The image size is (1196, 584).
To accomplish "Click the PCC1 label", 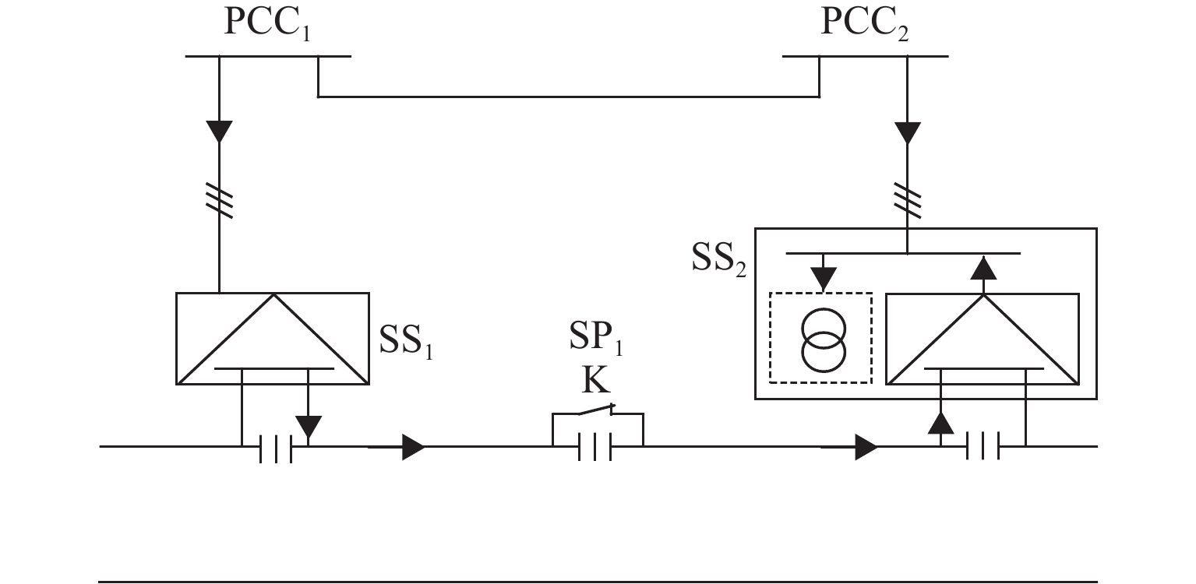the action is tap(267, 23).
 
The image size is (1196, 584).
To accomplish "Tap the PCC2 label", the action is tap(864, 23).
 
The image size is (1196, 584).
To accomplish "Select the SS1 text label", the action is tap(406, 340).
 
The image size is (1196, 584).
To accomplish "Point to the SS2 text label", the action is tap(718, 259).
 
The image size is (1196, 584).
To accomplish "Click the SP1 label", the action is tap(596, 337).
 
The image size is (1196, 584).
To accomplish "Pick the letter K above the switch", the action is tap(595, 380).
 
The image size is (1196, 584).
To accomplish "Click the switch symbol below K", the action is tap(596, 410).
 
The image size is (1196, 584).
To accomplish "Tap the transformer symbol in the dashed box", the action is tap(824, 340).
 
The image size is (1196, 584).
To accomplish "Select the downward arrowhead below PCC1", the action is tap(219, 132).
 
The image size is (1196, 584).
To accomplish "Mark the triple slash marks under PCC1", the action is tap(219, 201).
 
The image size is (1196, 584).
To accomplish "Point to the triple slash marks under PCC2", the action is tap(907, 201).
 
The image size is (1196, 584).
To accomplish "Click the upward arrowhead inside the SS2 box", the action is tap(983, 269).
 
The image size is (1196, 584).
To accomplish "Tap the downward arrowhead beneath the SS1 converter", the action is tap(309, 427).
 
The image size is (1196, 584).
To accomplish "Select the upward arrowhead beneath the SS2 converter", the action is tap(940, 423).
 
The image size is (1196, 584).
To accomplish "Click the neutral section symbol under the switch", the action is tap(595, 447).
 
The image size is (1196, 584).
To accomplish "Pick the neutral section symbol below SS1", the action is tap(276, 449).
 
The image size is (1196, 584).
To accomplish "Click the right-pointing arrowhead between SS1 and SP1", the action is tap(414, 447).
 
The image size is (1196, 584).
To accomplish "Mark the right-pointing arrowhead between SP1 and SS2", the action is tap(866, 447).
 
